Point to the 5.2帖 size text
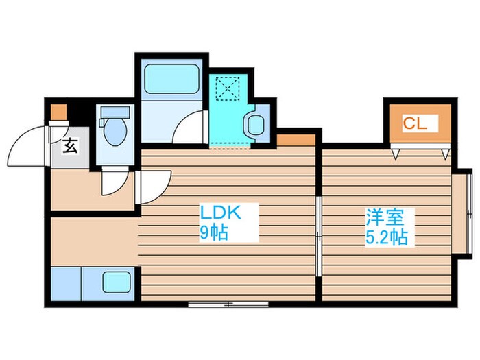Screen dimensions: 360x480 pyautogui.click(x=386, y=238)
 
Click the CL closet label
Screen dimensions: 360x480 pyautogui.click(x=415, y=124)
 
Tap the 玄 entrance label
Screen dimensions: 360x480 pyautogui.click(x=70, y=146)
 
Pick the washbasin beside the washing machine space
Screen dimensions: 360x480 pyautogui.click(x=256, y=124)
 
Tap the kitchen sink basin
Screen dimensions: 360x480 pyautogui.click(x=117, y=282)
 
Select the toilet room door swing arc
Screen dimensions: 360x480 pyautogui.click(x=110, y=182)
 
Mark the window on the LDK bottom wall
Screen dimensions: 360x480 pyautogui.click(x=218, y=302)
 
